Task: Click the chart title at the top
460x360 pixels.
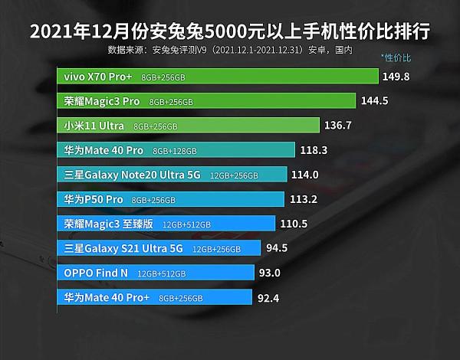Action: [229, 31]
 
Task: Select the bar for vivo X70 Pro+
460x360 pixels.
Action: [218, 77]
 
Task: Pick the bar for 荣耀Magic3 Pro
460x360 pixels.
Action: [206, 101]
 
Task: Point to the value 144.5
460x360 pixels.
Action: [379, 101]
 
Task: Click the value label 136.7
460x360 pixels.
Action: [343, 126]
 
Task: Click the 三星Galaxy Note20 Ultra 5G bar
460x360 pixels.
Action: [172, 175]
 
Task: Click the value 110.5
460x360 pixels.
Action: [294, 224]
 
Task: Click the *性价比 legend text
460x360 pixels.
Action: [396, 57]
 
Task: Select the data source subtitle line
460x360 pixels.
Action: [230, 50]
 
